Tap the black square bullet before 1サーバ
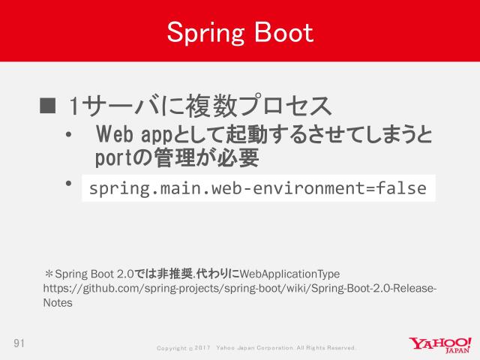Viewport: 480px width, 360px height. coord(47,103)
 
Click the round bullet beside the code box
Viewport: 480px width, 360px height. coord(68,183)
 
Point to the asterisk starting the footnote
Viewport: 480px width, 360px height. coord(49,274)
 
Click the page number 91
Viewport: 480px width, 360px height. coord(19,343)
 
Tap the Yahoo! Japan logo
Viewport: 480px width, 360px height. coord(440,345)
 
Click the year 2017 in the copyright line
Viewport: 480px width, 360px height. coord(203,349)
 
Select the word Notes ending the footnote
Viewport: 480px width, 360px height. coord(58,304)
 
